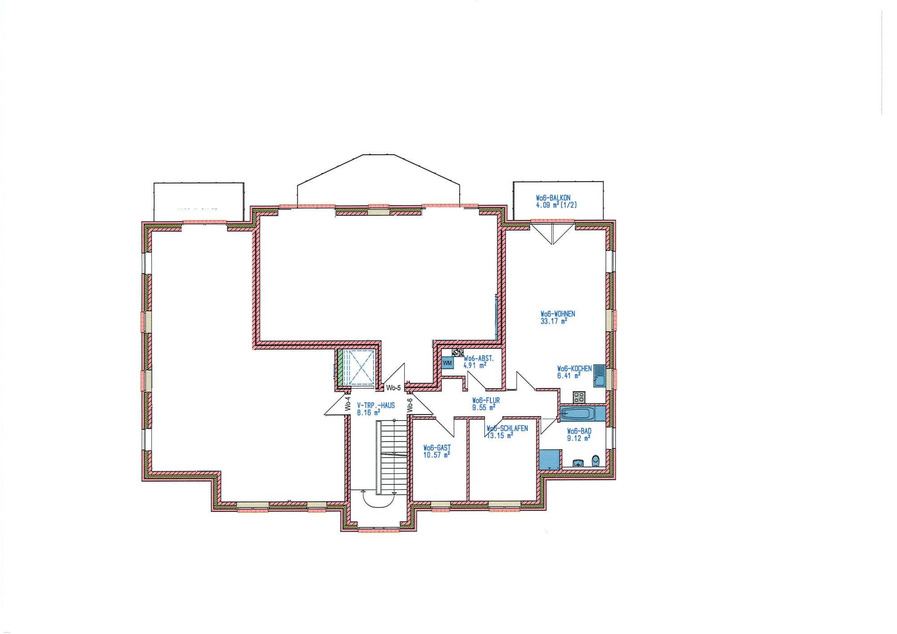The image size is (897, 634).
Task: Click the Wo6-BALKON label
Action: [553, 198]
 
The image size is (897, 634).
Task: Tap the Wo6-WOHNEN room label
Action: [557, 314]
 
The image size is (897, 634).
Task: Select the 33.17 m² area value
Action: [554, 321]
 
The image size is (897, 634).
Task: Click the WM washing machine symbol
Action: [447, 363]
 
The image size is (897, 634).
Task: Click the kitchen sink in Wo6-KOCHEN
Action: [600, 376]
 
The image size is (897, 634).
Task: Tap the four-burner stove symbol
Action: [579, 397]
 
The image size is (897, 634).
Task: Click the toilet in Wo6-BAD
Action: [596, 461]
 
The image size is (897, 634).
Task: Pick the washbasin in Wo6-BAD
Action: [578, 463]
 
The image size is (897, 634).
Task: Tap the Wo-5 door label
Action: [393, 388]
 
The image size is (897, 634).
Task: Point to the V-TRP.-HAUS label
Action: [376, 406]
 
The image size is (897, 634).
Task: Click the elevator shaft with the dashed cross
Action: [358, 367]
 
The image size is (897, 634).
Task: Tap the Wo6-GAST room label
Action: [437, 448]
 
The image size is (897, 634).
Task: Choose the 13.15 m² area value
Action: [500, 435]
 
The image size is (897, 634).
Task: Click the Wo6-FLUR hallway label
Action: [486, 401]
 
